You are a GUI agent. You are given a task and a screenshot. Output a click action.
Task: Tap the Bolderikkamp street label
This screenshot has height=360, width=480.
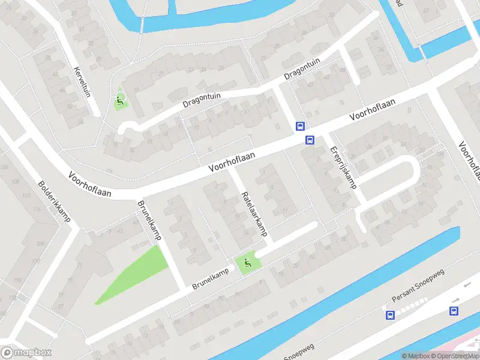pos(54,202)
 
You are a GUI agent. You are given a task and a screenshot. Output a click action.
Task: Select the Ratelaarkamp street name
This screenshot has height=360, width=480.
pos(254,214)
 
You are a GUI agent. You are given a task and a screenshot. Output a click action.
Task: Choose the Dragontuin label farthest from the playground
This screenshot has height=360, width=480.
pos(302,70)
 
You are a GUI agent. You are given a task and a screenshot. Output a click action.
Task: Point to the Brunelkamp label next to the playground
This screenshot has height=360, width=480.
pos(212,278)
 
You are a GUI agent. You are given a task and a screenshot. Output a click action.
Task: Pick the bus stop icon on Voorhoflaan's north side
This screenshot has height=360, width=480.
pos(300,126)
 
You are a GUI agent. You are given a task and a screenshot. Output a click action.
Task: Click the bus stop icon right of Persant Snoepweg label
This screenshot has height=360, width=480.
pos(454,310)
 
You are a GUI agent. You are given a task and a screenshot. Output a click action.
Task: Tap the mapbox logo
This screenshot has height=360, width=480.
pos(26,353)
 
